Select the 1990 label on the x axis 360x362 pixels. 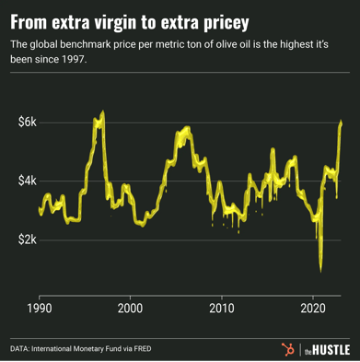[39, 309]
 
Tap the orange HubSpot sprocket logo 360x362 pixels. [287, 348]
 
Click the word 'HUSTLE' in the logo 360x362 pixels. [330, 349]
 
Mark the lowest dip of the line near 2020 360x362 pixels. [321, 271]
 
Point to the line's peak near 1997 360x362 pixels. [102, 112]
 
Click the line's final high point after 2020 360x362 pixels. [342, 122]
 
